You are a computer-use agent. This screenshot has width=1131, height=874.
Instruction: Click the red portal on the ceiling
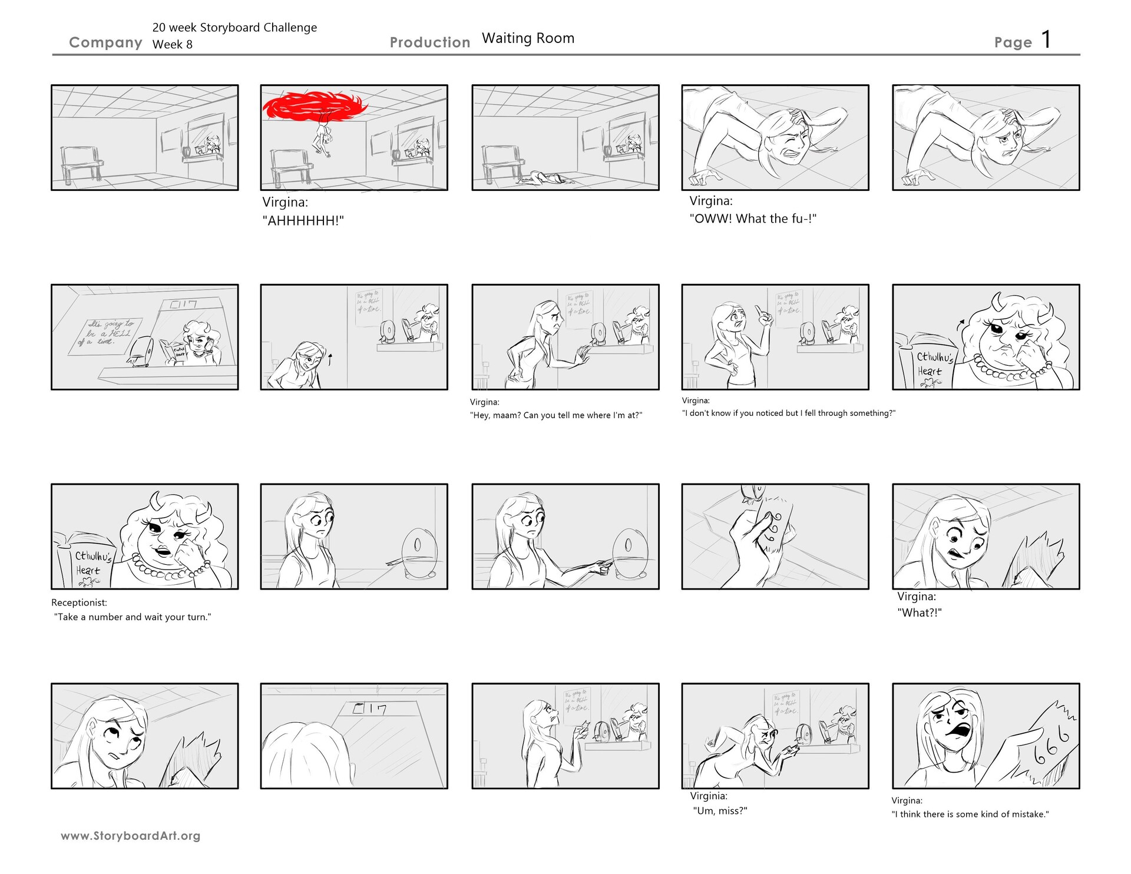pyautogui.click(x=306, y=107)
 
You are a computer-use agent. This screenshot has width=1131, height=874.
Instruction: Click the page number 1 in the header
pyautogui.click(x=1046, y=39)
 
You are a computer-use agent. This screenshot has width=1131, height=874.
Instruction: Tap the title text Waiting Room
pyautogui.click(x=528, y=38)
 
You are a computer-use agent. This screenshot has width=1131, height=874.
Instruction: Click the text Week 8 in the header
pyautogui.click(x=172, y=45)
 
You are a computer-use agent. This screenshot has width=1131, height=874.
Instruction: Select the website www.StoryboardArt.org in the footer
pyautogui.click(x=130, y=836)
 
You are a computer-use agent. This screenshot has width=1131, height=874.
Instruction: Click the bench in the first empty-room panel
pyautogui.click(x=81, y=163)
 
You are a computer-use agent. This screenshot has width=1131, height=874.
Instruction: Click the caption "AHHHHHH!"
pyautogui.click(x=303, y=221)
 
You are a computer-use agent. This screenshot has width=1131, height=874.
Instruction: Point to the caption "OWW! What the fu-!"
pyautogui.click(x=753, y=219)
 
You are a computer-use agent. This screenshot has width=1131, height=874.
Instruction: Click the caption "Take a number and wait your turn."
pyautogui.click(x=133, y=617)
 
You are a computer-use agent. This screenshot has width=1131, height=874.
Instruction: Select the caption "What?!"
pyautogui.click(x=920, y=613)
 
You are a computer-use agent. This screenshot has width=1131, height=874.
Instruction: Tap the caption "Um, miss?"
pyautogui.click(x=720, y=811)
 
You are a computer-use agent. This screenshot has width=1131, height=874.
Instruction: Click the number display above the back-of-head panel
pyautogui.click(x=369, y=710)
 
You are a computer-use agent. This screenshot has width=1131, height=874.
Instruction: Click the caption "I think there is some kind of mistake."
pyautogui.click(x=970, y=815)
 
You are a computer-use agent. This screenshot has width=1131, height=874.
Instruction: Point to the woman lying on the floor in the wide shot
pyautogui.click(x=545, y=178)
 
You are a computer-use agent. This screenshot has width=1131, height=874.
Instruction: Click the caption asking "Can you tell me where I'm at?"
pyautogui.click(x=556, y=415)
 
